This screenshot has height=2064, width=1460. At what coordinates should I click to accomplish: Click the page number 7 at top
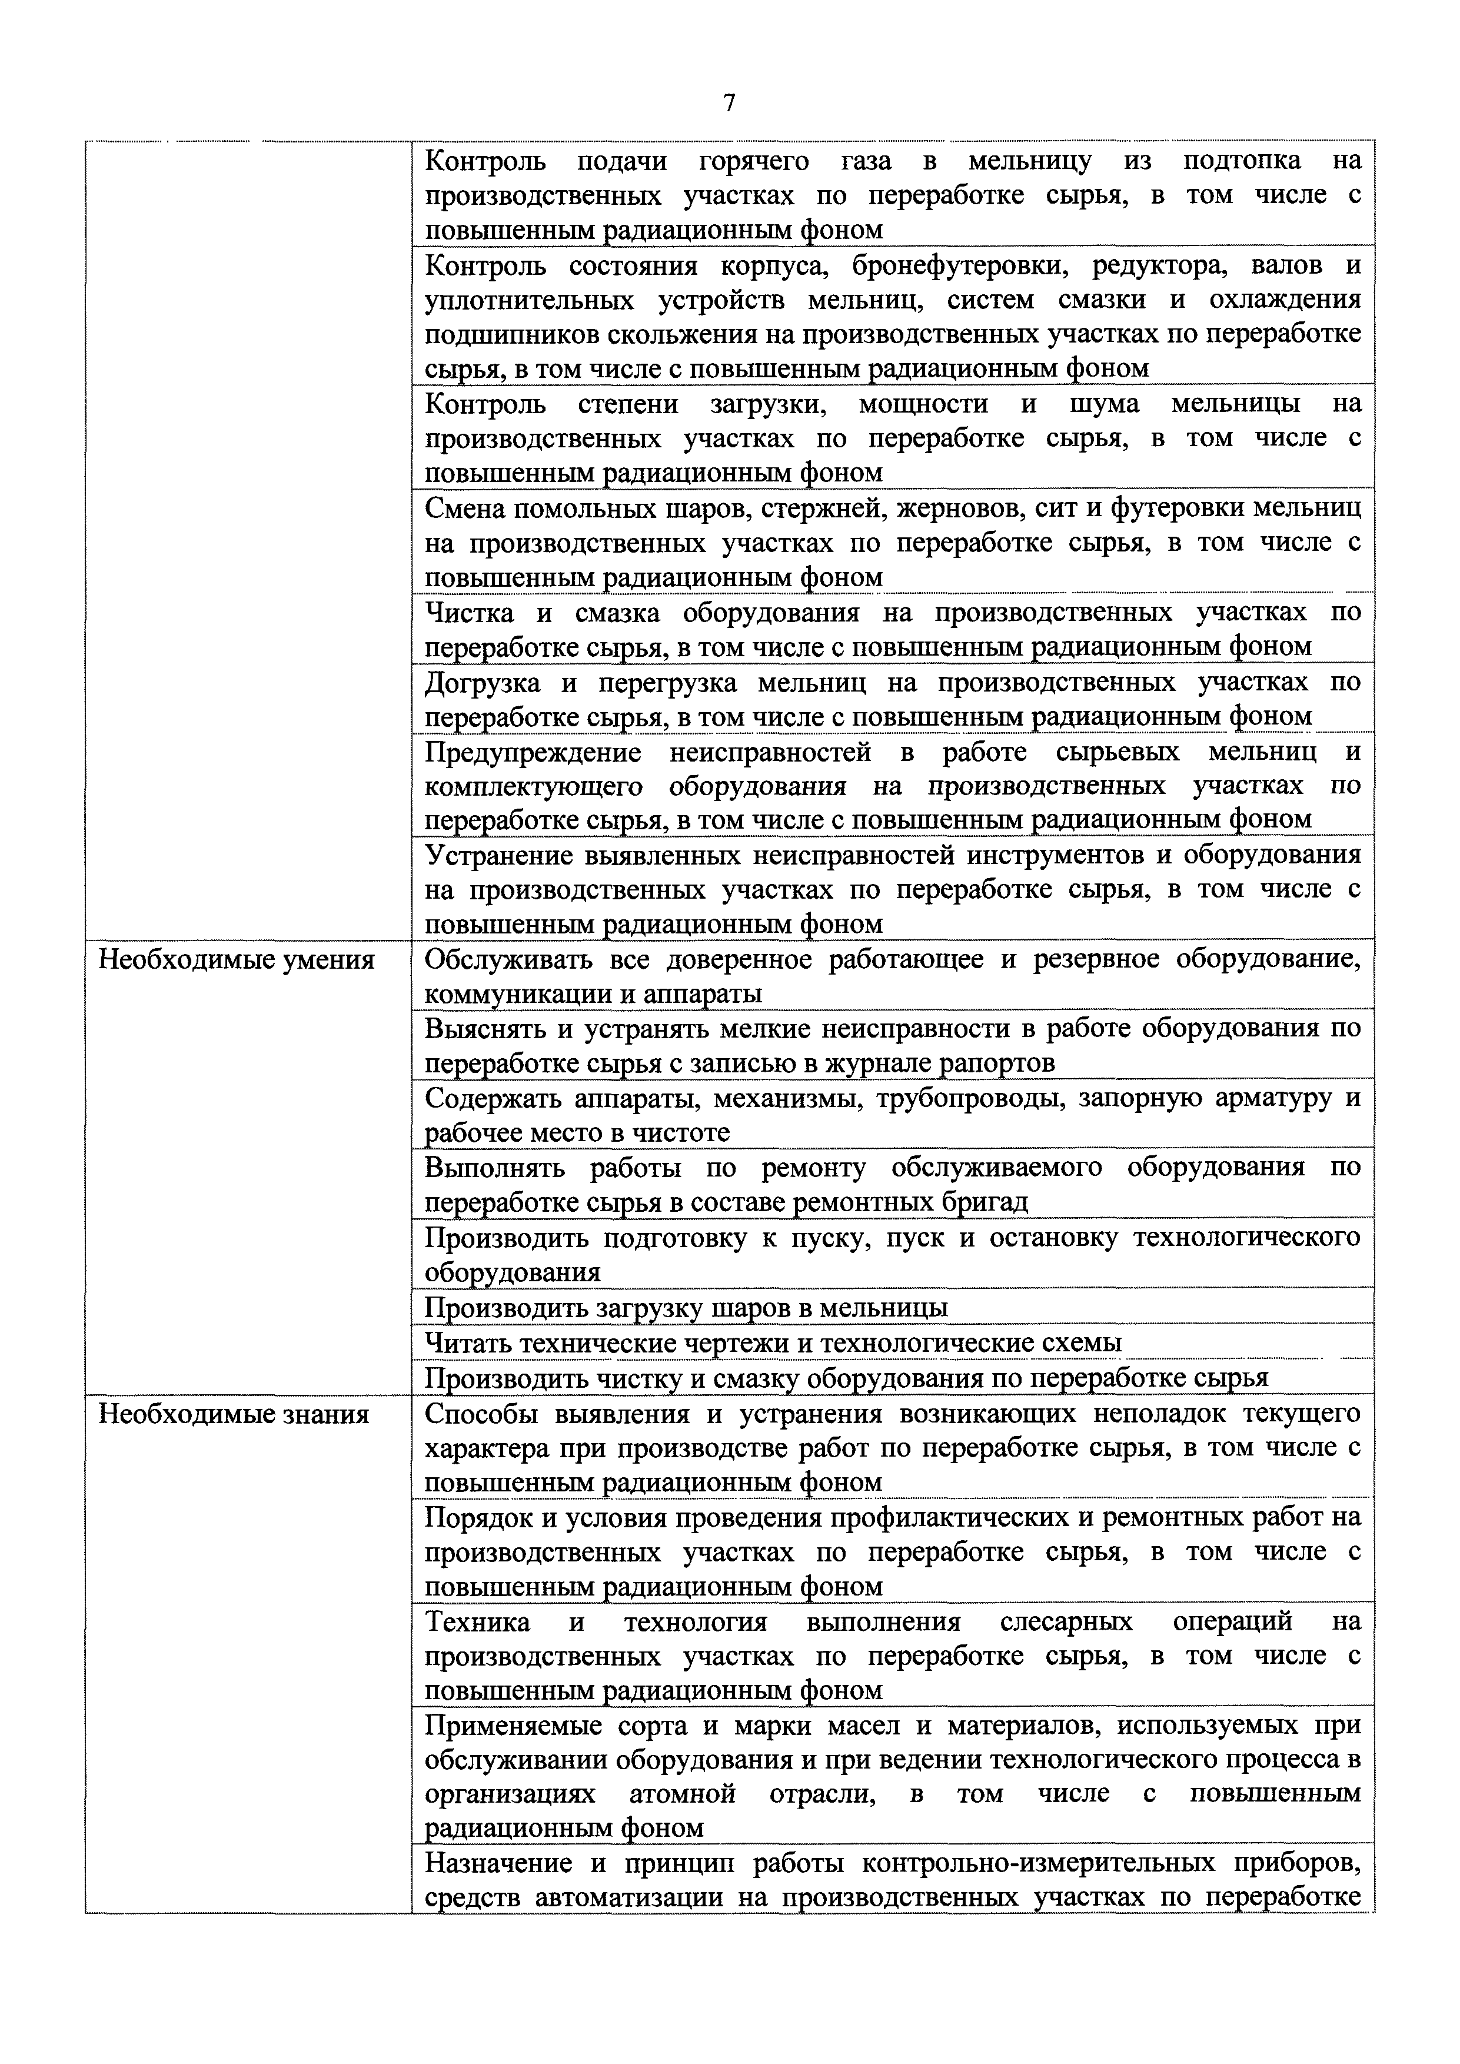click(x=729, y=104)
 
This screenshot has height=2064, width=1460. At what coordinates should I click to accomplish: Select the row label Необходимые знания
click(x=233, y=1414)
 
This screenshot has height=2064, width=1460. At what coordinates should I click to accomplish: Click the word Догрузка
click(x=482, y=683)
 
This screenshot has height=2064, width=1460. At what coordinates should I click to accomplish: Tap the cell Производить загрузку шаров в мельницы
click(x=686, y=1308)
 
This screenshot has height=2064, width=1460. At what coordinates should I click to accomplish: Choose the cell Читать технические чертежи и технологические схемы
click(x=773, y=1343)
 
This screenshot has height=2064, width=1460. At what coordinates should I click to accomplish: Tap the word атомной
click(x=683, y=1794)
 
